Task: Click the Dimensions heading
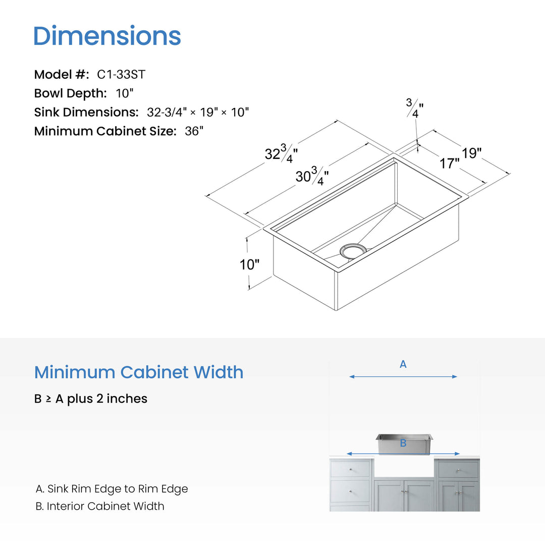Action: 107,36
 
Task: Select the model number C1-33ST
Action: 121,74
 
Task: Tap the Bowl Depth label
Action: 70,93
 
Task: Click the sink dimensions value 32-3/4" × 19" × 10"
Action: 198,112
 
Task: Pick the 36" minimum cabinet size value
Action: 194,131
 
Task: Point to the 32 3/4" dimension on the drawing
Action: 281,153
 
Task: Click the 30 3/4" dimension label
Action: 312,176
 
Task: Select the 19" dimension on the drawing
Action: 471,153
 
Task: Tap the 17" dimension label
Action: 450,163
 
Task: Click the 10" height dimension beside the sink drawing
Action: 249,264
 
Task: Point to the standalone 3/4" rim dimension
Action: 415,108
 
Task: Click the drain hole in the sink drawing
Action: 353,251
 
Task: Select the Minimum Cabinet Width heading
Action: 139,372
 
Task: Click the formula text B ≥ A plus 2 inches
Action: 91,399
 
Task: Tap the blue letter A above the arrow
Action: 403,364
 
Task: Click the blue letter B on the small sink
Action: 403,443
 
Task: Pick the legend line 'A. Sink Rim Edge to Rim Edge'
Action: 112,488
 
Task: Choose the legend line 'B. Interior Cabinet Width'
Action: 100,506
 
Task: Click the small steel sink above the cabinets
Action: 404,444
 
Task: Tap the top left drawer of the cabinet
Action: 350,469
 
